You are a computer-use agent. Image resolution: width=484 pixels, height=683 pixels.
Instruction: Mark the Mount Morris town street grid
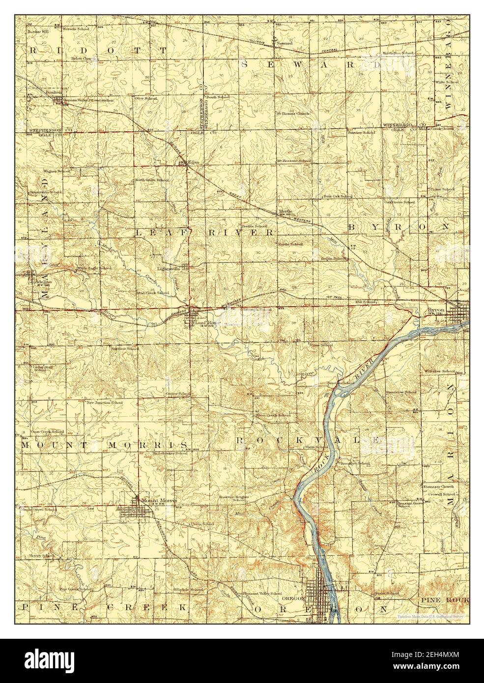click(x=135, y=513)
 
